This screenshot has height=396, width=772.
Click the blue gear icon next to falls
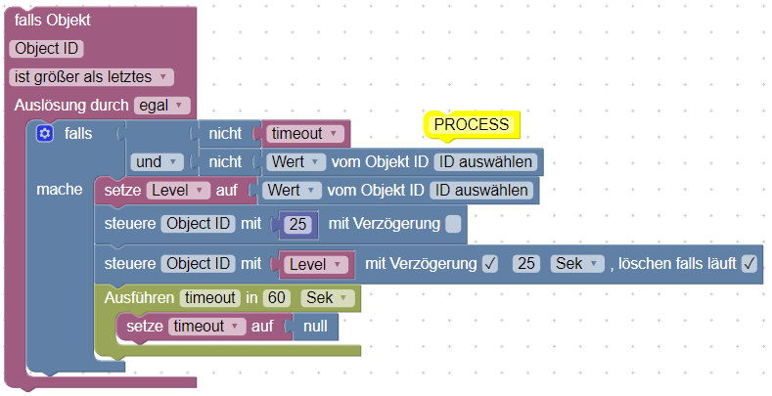point(43,133)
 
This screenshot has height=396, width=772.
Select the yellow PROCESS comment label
point(472,125)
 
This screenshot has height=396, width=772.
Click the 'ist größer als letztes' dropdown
point(91,76)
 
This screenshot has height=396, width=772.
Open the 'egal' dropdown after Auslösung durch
point(162,105)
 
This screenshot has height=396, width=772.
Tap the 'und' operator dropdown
point(158,161)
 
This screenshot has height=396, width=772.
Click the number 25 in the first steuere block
point(299,224)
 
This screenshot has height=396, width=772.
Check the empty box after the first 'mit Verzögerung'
point(453,224)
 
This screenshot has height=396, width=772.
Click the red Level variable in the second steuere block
point(315,264)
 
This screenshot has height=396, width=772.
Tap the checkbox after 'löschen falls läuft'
point(749,263)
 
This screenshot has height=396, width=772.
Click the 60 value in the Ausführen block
point(276,297)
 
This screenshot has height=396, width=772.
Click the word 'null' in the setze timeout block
point(315,327)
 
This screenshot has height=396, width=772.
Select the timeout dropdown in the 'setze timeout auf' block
point(206,327)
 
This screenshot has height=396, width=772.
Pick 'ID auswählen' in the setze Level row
point(483,190)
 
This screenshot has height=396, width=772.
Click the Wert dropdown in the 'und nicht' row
point(297,161)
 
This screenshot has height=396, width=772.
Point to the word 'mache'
point(59,189)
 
